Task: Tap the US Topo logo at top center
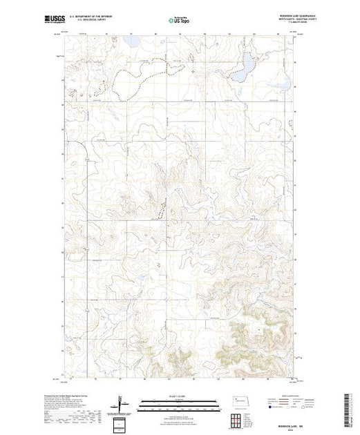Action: pos(180,21)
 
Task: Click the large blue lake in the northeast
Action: pos(245,68)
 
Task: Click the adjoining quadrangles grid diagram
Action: pos(238,419)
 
